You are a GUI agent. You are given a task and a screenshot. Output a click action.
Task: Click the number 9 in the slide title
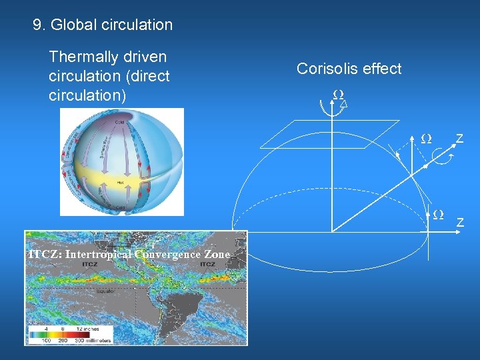pos(37,25)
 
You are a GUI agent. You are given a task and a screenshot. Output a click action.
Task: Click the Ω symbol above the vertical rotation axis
pos(338,95)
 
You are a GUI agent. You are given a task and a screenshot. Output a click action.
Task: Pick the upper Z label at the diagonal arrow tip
pos(459,139)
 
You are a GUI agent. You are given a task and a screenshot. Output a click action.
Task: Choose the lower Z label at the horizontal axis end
pos(460,222)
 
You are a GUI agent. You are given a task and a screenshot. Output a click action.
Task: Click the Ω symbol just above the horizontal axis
pos(438,215)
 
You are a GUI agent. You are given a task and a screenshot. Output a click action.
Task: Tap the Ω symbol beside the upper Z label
pos(426,139)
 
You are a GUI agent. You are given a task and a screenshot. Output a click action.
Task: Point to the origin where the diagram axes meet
pos(332,231)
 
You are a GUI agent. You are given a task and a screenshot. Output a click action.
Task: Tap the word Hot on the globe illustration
pos(121,182)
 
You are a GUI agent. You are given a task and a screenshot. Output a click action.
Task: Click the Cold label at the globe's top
pos(119,123)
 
